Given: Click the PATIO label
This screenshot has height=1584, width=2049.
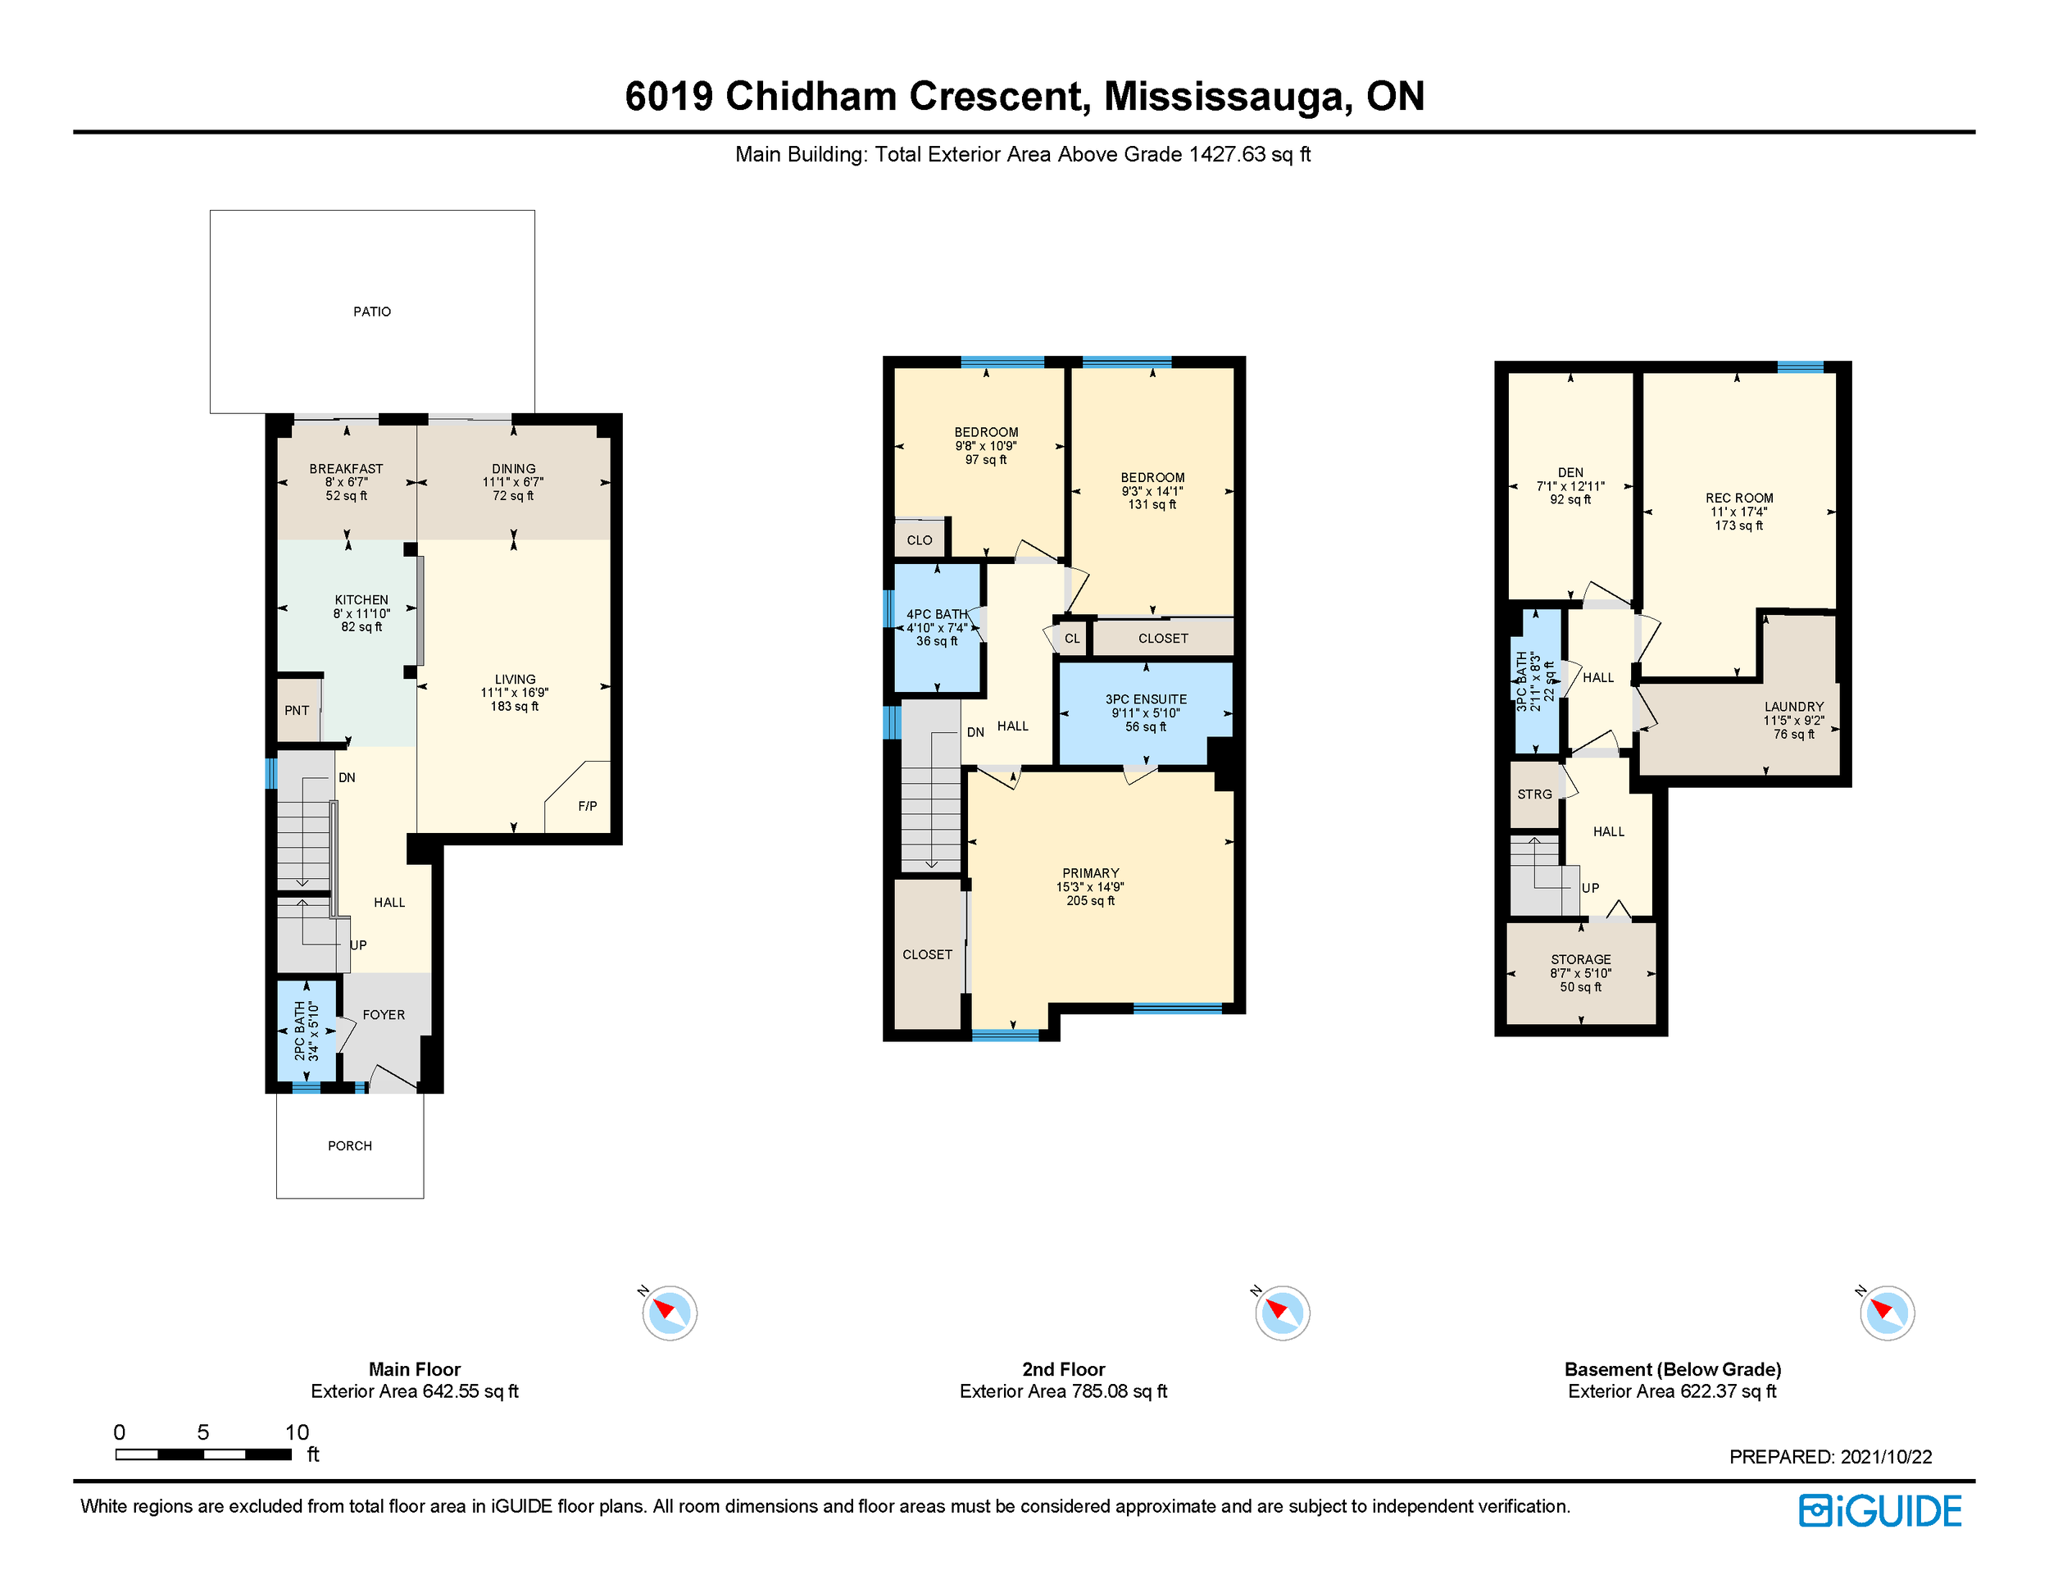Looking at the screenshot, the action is tap(371, 312).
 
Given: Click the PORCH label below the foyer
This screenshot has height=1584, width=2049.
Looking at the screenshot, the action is tap(350, 1145).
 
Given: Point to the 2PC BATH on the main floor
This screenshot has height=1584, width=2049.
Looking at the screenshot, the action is tap(307, 1031).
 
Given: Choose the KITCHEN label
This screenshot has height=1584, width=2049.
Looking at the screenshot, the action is tap(361, 599).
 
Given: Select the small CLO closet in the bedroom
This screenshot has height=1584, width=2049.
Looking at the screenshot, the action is tap(920, 539).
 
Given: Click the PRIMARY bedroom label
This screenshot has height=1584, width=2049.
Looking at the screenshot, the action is tap(1090, 872).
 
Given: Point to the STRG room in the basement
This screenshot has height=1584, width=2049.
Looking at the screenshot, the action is tap(1535, 794).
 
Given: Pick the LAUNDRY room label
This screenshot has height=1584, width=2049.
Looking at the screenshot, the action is tap(1794, 707).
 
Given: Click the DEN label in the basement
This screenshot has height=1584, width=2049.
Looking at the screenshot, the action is tap(1570, 473).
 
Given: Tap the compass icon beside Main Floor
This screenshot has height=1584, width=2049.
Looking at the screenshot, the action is tap(670, 1312).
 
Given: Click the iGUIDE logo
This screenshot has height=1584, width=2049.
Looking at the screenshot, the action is tap(1880, 1511).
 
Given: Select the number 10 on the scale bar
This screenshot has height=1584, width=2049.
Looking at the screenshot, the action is tap(297, 1432).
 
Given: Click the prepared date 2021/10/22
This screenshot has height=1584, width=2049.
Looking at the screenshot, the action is tap(1886, 1456).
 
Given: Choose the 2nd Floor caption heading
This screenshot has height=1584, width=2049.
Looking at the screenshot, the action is tap(1064, 1369).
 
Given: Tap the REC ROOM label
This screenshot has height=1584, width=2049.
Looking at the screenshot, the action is tap(1739, 498).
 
